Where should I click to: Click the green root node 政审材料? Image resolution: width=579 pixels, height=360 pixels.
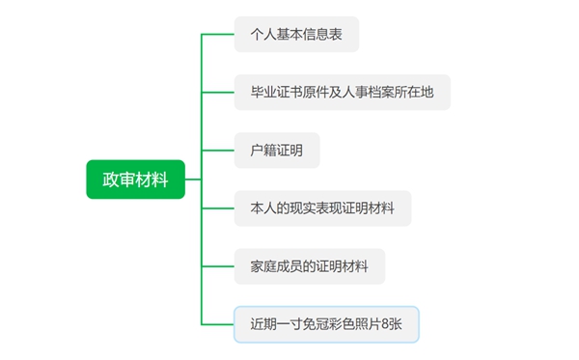(135, 180)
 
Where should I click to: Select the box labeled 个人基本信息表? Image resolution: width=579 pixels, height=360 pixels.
(297, 35)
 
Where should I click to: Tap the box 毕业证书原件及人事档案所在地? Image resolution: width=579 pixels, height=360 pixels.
(342, 93)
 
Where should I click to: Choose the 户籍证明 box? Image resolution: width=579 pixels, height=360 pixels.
(277, 152)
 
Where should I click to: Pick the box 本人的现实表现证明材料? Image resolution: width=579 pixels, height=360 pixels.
(322, 208)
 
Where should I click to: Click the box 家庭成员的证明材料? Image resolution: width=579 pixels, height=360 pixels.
(310, 266)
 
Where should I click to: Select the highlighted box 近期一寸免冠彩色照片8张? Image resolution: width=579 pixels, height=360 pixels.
(327, 324)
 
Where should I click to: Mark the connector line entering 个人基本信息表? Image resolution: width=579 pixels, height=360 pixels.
(218, 35)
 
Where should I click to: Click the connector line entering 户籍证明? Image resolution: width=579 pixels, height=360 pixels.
(218, 152)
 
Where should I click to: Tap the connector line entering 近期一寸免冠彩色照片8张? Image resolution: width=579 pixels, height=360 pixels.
(218, 324)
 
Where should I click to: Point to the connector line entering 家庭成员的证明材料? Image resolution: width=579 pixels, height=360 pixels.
(218, 266)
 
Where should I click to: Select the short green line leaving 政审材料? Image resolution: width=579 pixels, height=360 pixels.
(193, 180)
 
